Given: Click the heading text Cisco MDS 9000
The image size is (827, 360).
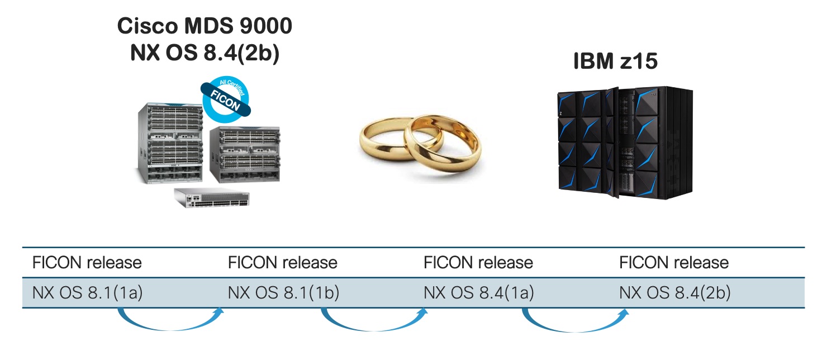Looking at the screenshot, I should tap(205, 27).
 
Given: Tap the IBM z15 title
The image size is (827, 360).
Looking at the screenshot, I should tap(616, 62).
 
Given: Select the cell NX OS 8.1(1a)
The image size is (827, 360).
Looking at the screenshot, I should tap(88, 292).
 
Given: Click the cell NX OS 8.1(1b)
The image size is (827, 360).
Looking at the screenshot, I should tap(283, 292).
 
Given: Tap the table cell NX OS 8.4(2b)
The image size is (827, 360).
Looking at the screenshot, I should tap(674, 292).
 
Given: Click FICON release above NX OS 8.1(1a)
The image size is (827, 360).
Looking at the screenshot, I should tap(87, 262).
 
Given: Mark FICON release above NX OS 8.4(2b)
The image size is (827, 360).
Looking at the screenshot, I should tap(674, 262).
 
